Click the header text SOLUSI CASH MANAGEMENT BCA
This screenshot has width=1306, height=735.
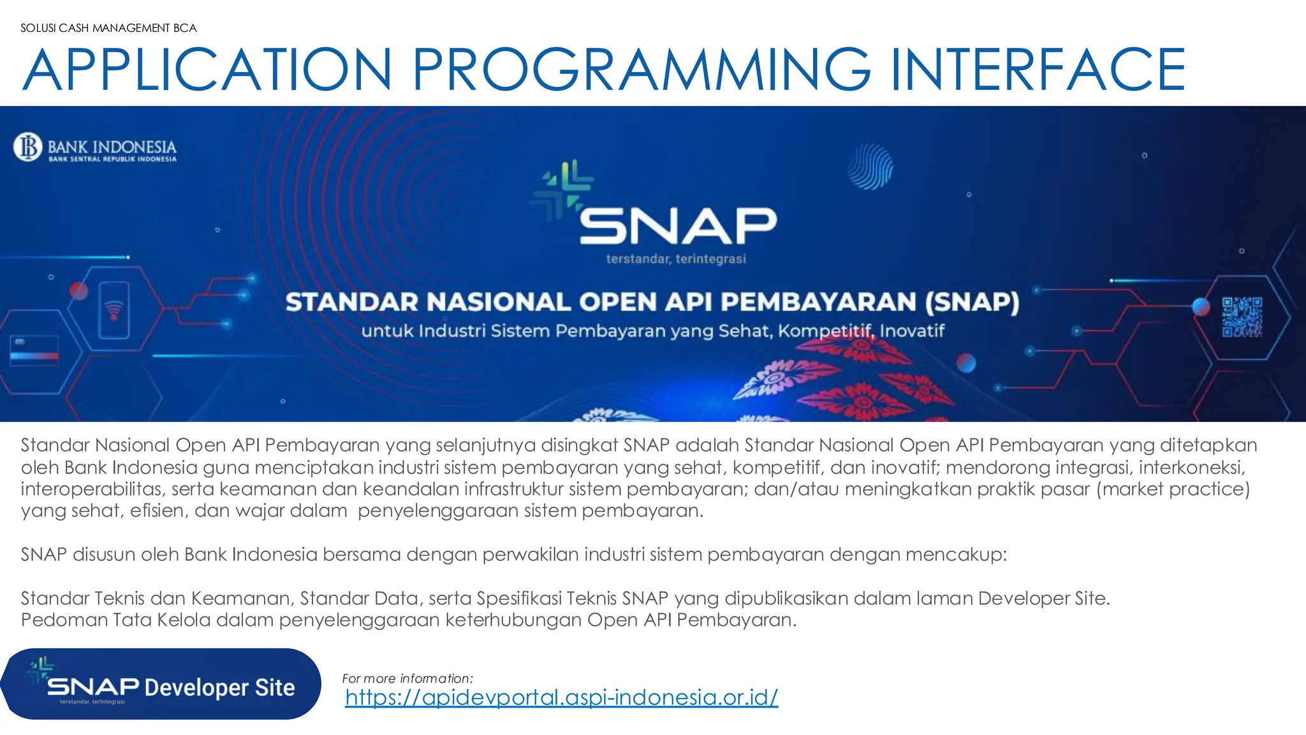pos(108,28)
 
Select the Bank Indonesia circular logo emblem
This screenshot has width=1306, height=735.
pos(28,147)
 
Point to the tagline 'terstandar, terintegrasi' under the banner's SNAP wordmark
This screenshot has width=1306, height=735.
pos(676,259)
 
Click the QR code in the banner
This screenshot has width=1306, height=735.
pos(1242,317)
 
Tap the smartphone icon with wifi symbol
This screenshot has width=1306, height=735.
pos(114,311)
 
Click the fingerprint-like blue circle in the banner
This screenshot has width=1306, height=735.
pos(870,167)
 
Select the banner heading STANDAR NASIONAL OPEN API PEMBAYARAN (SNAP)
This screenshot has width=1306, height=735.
pos(652,302)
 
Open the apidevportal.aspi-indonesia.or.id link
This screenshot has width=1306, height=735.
pos(561,697)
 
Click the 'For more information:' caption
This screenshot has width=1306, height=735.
pos(407,678)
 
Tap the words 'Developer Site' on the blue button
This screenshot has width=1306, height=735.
pos(219,688)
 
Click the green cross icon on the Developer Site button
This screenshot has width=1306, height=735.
pos(40,669)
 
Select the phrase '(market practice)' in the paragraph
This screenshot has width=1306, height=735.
pos(1173,489)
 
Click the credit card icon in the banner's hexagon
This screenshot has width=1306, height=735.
pos(34,350)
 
